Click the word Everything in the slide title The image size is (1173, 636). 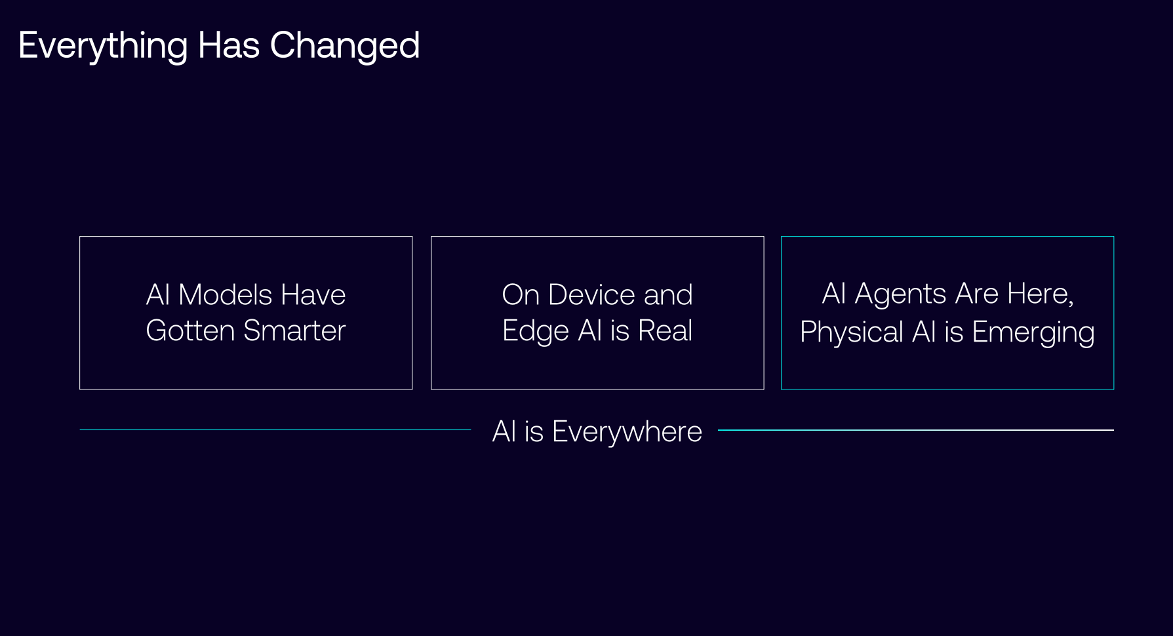click(104, 46)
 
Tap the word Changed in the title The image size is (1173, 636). click(345, 45)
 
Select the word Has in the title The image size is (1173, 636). click(229, 45)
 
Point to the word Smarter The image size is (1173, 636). click(294, 330)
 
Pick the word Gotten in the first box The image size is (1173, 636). click(190, 330)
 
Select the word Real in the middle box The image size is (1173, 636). click(666, 330)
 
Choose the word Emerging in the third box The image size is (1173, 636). click(1033, 333)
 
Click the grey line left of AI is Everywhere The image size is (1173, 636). click(275, 430)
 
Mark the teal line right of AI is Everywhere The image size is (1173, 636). click(916, 430)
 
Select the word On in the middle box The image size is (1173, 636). click(521, 294)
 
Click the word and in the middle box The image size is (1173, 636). click(668, 294)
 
